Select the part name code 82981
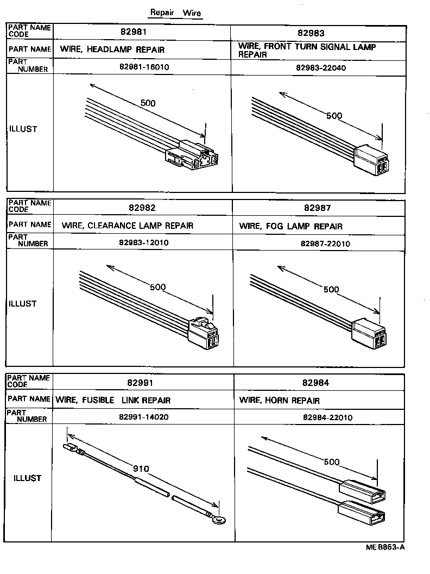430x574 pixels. pos(142,32)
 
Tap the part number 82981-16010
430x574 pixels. pos(142,68)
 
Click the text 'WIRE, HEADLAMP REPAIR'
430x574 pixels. pos(112,50)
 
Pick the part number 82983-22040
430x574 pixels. pos(321,68)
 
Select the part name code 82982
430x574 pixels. pos(142,208)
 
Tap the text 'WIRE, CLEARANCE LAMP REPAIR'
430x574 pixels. pos(127,226)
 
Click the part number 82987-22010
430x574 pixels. pos(325,244)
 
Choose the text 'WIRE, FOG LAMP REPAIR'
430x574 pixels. pos(290,226)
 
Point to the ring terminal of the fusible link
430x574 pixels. pos(219,520)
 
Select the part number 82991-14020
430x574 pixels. pos(143,419)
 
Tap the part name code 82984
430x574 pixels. pos(317,383)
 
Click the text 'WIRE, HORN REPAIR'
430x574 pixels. pos(279,401)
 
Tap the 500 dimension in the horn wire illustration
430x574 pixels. pos(331,463)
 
